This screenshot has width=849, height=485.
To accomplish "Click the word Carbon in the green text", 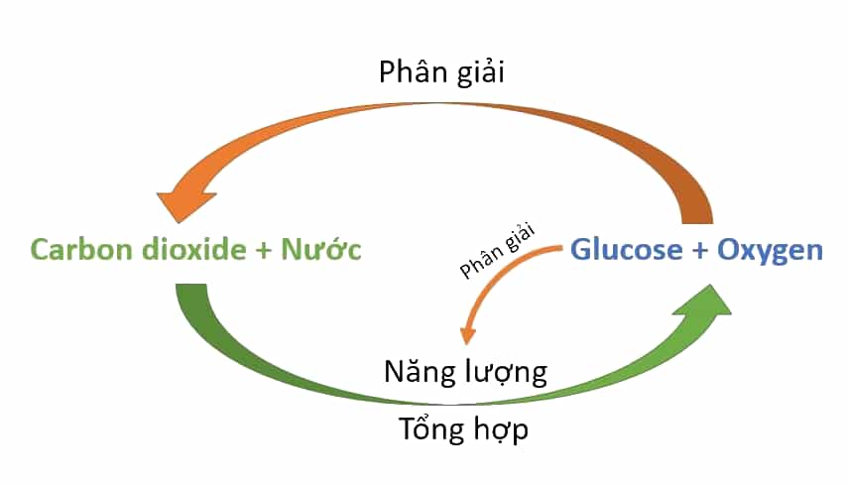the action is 80,250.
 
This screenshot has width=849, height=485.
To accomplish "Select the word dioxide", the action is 193,250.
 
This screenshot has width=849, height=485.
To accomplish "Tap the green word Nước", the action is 321,249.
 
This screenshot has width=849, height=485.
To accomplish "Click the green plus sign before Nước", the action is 264,251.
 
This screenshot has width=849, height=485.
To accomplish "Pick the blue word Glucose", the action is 627,250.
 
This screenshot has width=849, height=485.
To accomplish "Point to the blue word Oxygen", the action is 770,252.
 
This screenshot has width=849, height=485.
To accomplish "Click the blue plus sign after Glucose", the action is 699,251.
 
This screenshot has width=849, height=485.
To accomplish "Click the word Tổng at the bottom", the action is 431,429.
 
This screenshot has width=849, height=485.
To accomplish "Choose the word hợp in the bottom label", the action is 501,430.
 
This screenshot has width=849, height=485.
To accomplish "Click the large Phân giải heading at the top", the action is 441,72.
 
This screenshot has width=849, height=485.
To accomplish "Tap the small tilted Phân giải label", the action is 497,250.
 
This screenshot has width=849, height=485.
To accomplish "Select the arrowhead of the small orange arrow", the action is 467,335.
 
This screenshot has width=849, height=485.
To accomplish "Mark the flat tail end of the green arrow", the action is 191,286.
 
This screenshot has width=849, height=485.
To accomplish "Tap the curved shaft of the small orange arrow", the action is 498,271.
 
